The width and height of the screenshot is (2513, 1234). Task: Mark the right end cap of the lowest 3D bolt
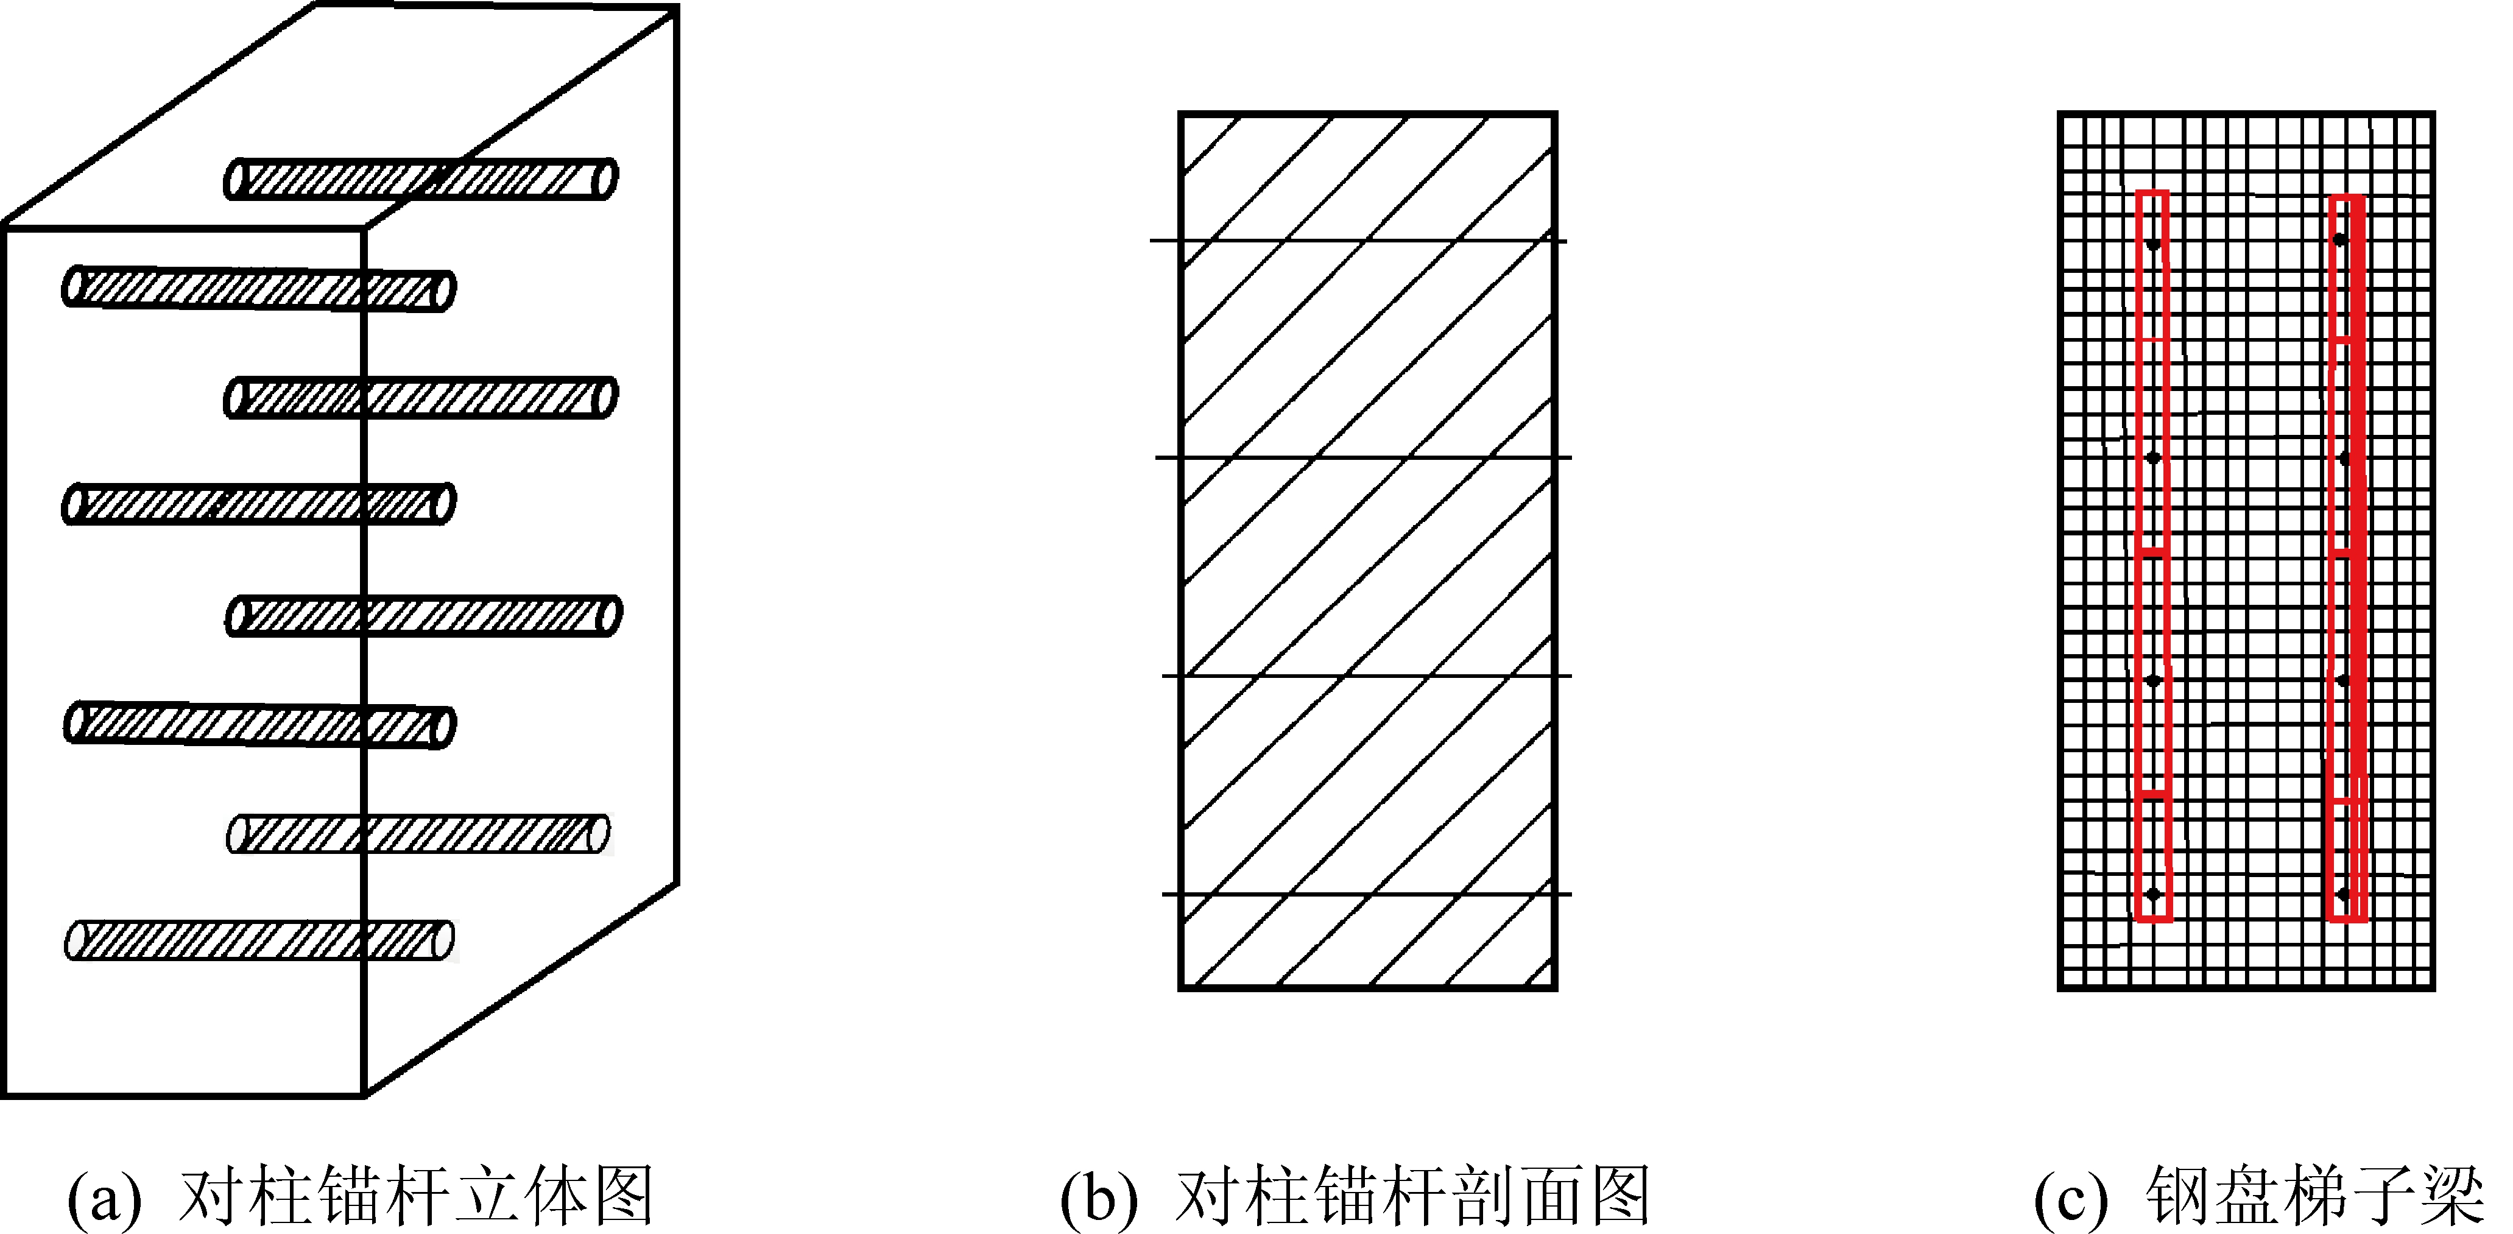click(x=444, y=939)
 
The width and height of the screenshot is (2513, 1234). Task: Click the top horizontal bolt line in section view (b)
click(x=1358, y=240)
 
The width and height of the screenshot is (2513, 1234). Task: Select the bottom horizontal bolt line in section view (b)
click(x=1366, y=894)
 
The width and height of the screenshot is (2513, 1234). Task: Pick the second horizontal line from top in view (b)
click(x=1363, y=457)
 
